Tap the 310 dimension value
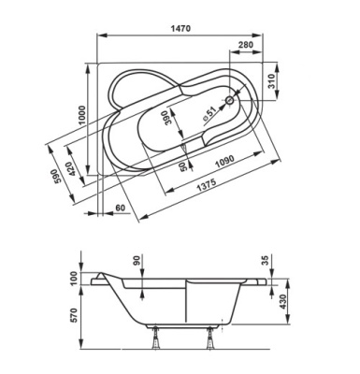click(x=295, y=83)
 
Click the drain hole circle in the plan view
click(x=231, y=99)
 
